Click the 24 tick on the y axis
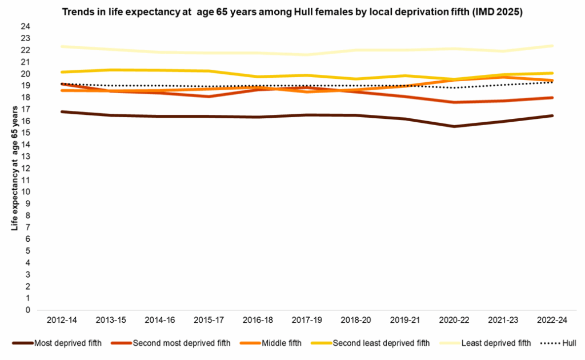[25, 27]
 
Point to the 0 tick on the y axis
[27, 310]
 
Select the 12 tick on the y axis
[25, 169]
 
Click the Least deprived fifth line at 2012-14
[61, 46]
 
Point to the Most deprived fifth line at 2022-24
[552, 115]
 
